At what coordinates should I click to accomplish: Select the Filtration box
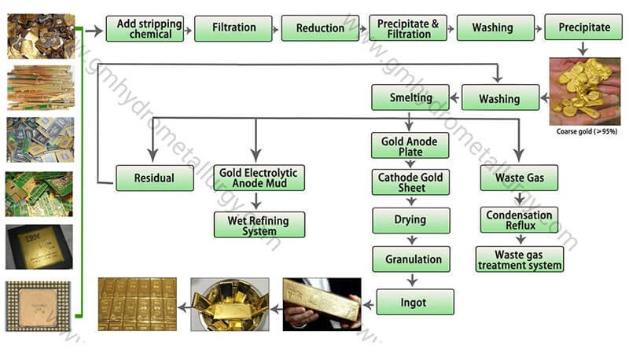[x=234, y=28]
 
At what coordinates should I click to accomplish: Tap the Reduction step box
[x=320, y=28]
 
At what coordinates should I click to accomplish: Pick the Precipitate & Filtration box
[x=407, y=28]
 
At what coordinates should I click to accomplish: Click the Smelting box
[x=410, y=98]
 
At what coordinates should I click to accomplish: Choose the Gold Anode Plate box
[x=410, y=146]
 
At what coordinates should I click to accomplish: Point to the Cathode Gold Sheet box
[x=410, y=182]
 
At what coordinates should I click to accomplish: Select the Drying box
[x=410, y=220]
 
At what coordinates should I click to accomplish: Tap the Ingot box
[x=415, y=301]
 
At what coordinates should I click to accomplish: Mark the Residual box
[x=154, y=178]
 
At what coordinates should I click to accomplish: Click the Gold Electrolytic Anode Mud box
[x=259, y=178]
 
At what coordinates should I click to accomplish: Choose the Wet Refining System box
[x=259, y=225]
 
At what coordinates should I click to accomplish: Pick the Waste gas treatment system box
[x=520, y=259]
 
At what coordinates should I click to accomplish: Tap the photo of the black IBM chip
[x=39, y=247]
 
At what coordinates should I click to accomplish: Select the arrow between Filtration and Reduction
[x=277, y=28]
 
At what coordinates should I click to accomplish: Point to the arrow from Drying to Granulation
[x=410, y=240]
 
